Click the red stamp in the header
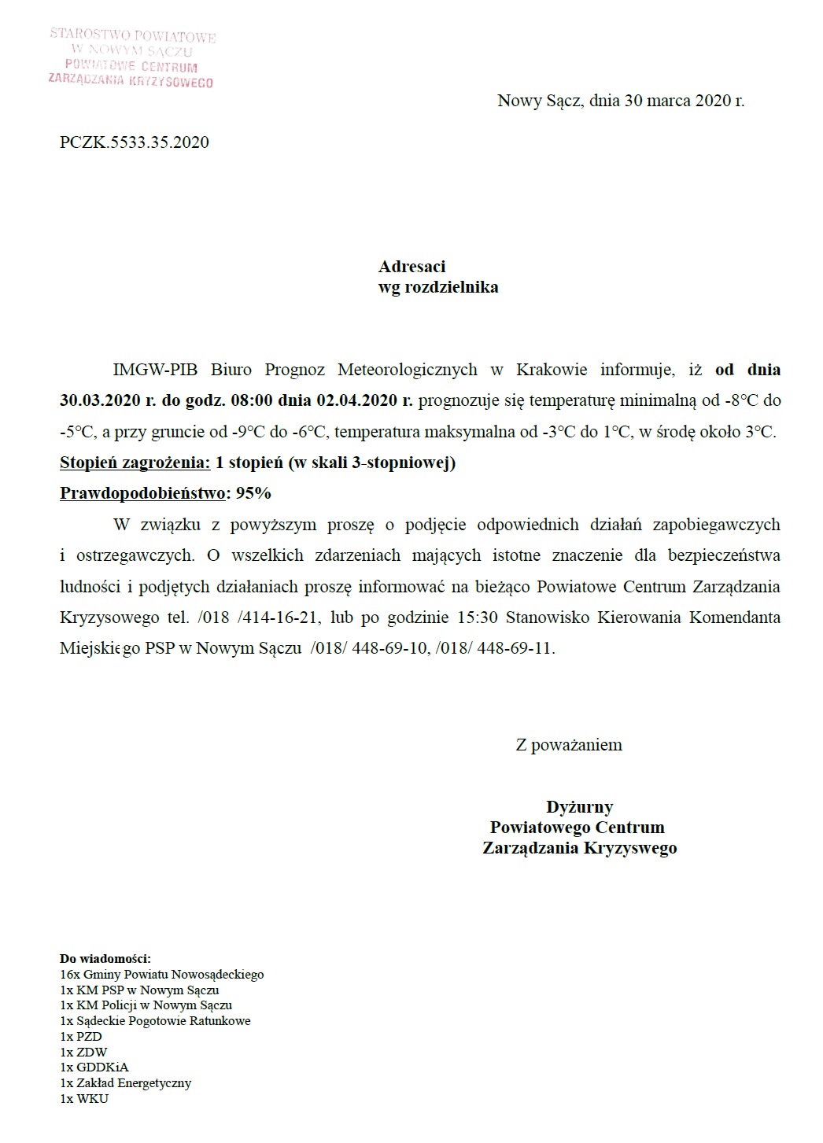pyautogui.click(x=131, y=57)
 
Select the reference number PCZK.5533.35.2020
pyautogui.click(x=135, y=142)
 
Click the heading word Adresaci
pyautogui.click(x=411, y=267)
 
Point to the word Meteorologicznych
pyautogui.click(x=407, y=370)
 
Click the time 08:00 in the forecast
pyautogui.click(x=251, y=400)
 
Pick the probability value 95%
pyautogui.click(x=253, y=493)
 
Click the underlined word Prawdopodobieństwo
pyautogui.click(x=144, y=493)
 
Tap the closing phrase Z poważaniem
pyautogui.click(x=569, y=744)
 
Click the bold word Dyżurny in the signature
pyautogui.click(x=580, y=806)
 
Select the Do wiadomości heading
pyautogui.click(x=105, y=959)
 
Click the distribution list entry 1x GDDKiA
pyautogui.click(x=94, y=1067)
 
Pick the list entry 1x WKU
pyautogui.click(x=84, y=1098)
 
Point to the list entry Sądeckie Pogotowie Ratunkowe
pyautogui.click(x=163, y=1021)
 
